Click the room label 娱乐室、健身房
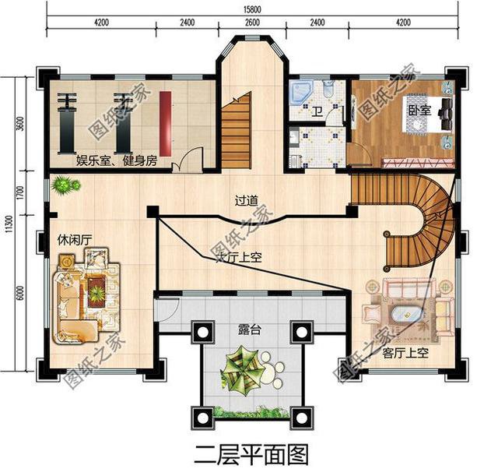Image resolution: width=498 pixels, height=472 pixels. coord(116,161)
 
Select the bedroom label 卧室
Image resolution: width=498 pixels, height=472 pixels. coord(419,111)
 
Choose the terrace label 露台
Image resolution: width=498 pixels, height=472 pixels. coord(249,330)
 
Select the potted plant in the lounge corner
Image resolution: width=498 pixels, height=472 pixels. coord(65,186)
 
